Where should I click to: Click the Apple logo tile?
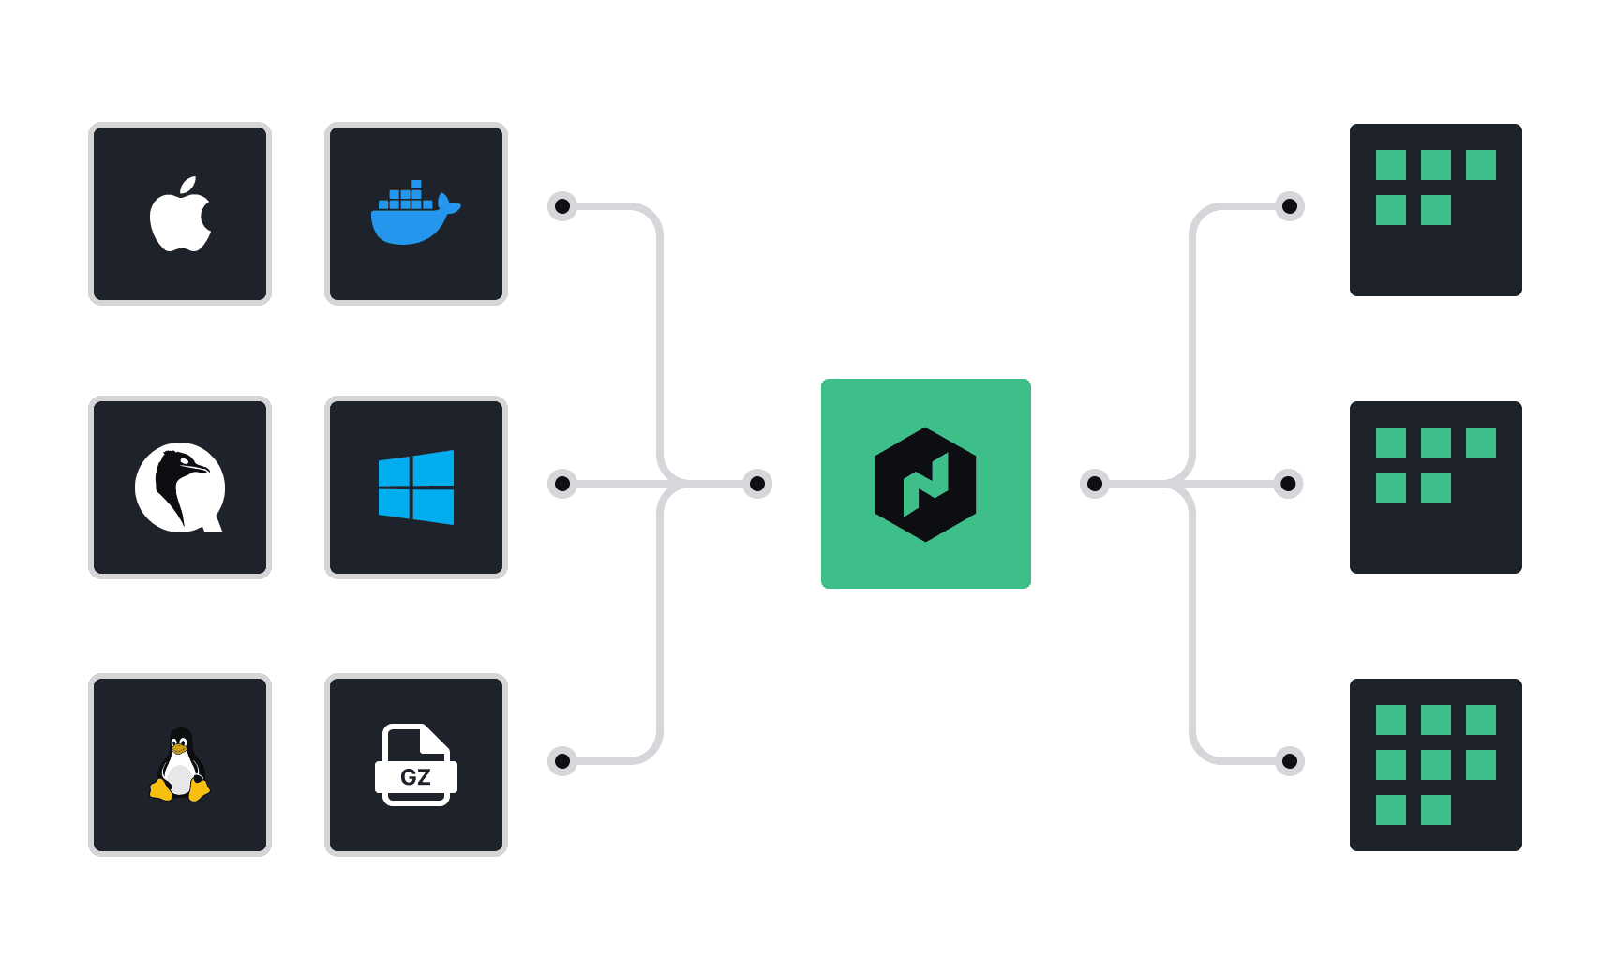pos(180,214)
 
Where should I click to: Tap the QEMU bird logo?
pos(180,487)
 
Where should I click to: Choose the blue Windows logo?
pos(416,487)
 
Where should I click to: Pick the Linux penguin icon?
pos(180,765)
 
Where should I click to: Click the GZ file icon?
pos(416,765)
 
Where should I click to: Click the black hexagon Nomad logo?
pos(925,484)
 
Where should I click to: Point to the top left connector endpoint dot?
pos(562,206)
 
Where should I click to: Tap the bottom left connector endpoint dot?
pos(562,760)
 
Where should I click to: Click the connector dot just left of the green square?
pos(757,484)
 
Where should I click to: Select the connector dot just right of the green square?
pos(1094,484)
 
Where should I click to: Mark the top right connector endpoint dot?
pos(1290,206)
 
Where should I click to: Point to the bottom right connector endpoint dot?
pos(1290,760)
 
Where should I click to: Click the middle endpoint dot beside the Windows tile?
pos(562,484)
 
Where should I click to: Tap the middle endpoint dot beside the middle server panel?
pos(1289,484)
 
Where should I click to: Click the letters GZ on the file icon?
pos(415,777)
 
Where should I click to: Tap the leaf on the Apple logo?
pos(188,185)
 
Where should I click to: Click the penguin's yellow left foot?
pos(161,790)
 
